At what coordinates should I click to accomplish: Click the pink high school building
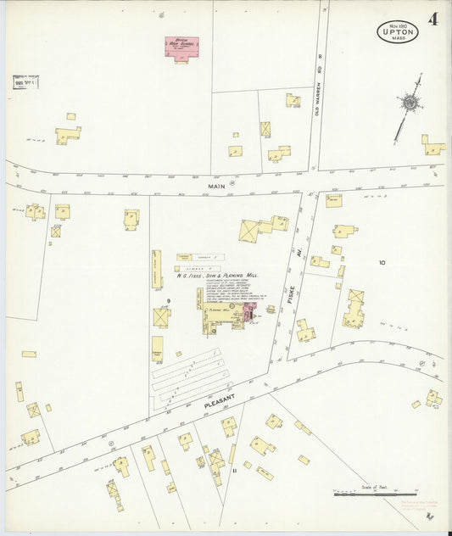181,47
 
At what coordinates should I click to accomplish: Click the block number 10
382,263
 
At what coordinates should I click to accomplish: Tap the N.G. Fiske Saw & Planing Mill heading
217,276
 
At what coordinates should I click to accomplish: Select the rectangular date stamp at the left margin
25,83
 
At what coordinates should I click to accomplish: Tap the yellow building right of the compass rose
432,145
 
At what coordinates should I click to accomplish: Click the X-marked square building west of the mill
161,316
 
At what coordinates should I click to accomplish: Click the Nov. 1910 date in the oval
397,25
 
